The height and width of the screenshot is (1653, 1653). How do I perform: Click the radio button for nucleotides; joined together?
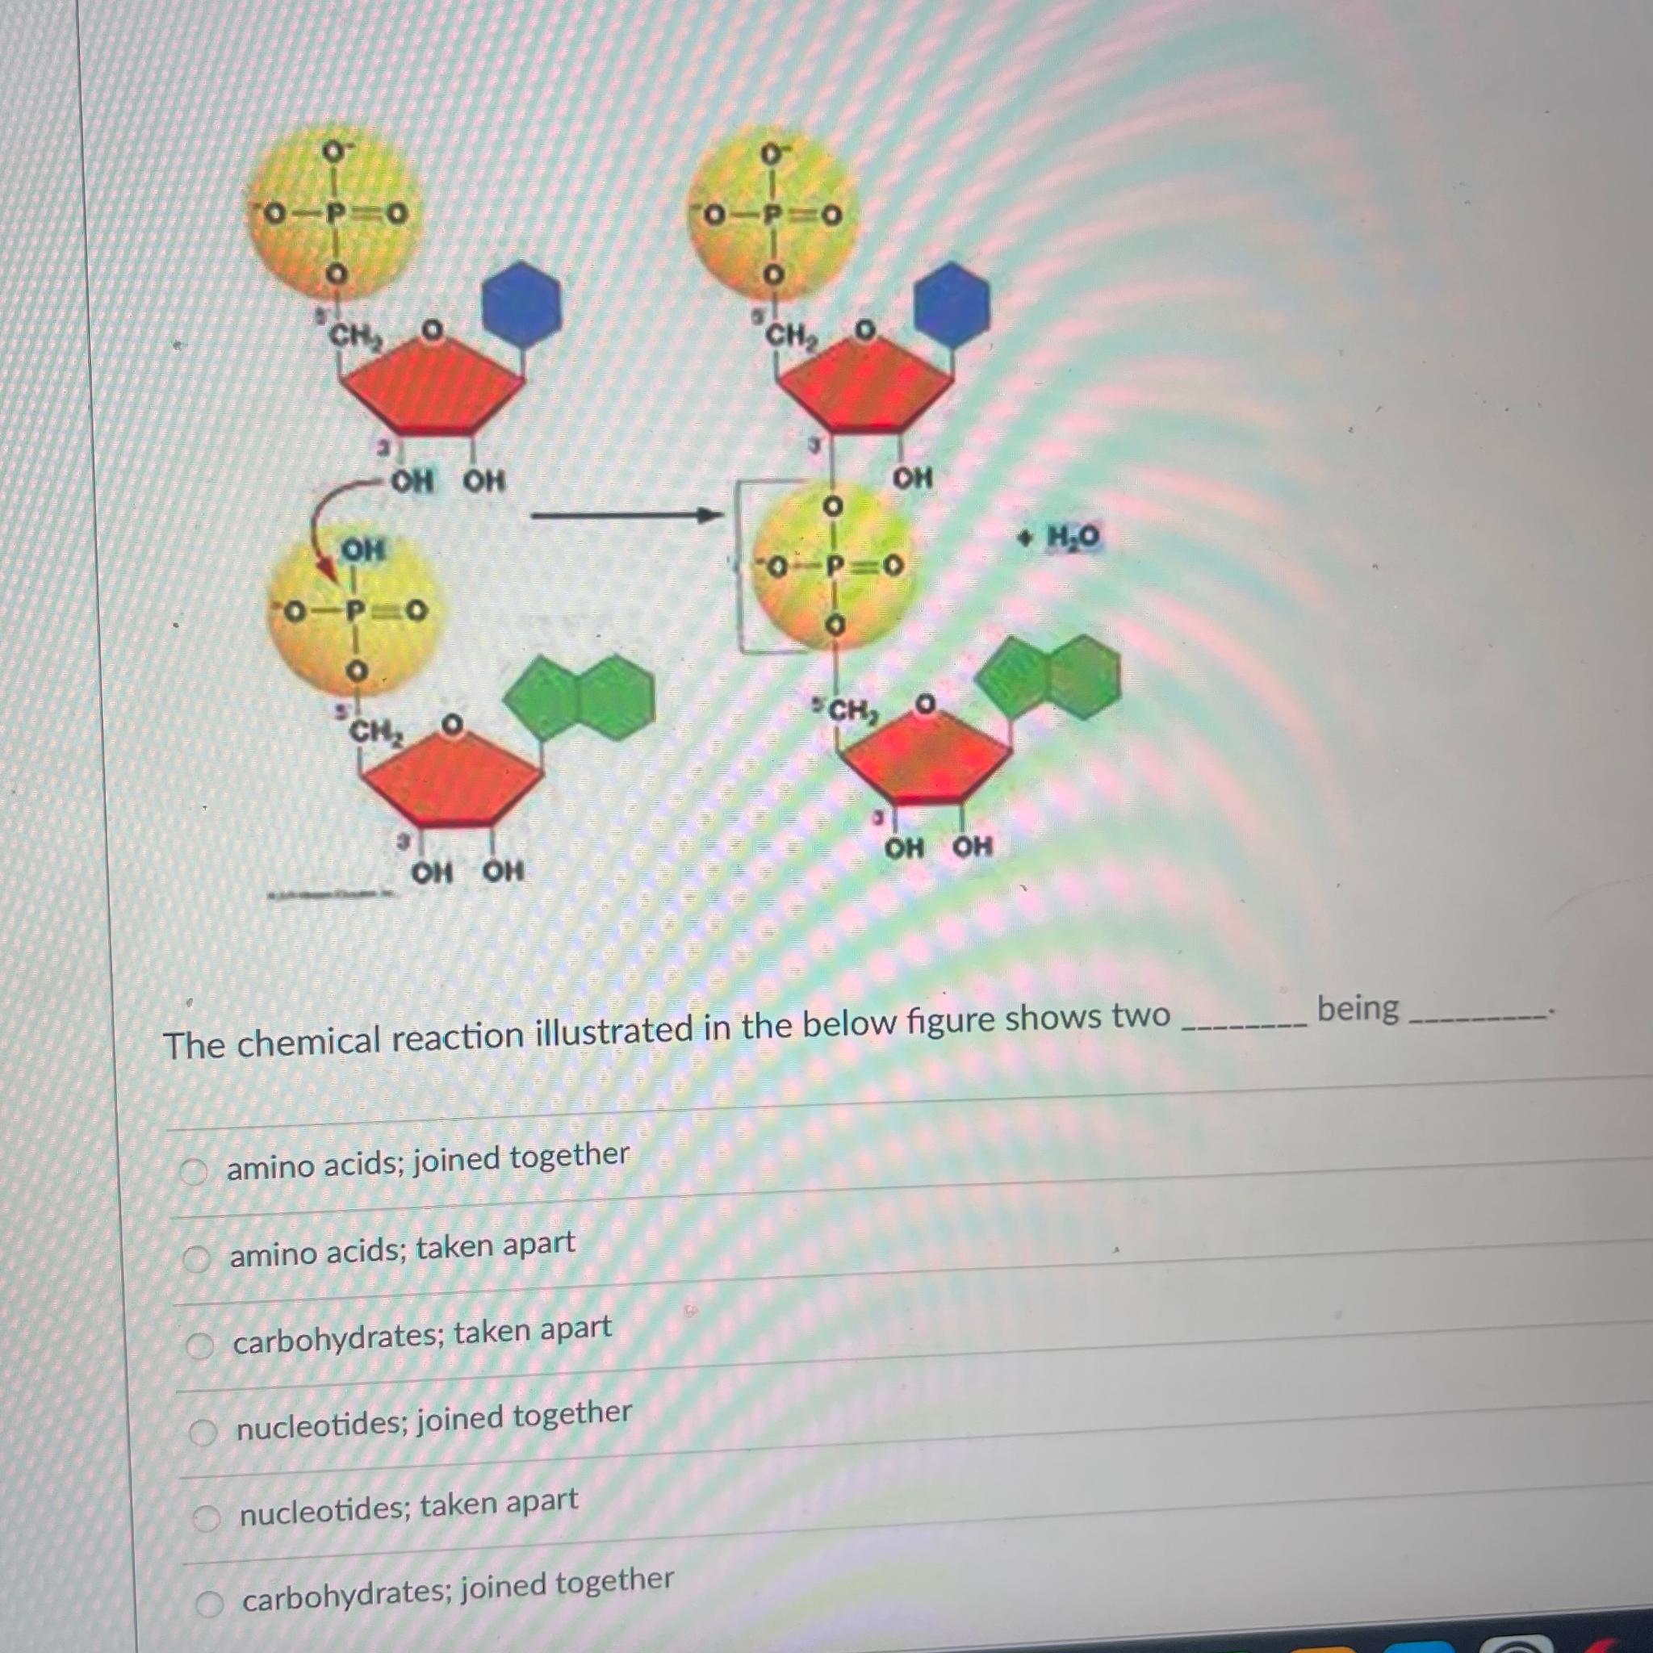[203, 1431]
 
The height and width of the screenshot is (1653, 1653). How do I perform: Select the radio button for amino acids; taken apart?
[197, 1258]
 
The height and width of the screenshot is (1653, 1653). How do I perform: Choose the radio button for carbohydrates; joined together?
[209, 1604]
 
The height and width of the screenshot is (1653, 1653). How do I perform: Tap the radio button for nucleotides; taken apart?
[205, 1518]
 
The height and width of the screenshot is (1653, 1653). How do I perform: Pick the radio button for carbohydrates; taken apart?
[199, 1345]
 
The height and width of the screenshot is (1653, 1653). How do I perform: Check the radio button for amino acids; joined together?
[194, 1171]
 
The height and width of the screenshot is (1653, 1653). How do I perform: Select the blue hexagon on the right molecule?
[952, 303]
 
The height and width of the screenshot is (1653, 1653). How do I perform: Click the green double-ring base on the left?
[580, 697]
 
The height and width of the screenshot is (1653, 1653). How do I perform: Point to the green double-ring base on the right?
[1048, 676]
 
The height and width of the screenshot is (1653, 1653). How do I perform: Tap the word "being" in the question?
[1357, 1009]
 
